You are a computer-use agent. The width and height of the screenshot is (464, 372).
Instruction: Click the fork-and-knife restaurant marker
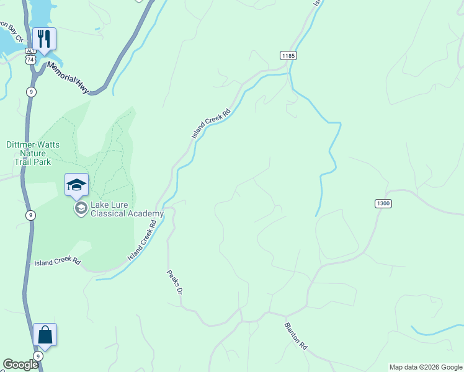pyautogui.click(x=44, y=38)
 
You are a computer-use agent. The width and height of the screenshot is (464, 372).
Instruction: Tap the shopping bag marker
pyautogui.click(x=45, y=335)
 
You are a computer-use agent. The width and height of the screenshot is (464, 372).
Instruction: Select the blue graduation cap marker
pyautogui.click(x=76, y=184)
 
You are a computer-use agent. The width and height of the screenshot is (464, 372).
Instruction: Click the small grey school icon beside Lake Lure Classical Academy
pyautogui.click(x=80, y=208)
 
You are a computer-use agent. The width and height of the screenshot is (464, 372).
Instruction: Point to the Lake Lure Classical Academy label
pyautogui.click(x=127, y=209)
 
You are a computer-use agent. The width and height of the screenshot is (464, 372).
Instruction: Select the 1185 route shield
pyautogui.click(x=288, y=56)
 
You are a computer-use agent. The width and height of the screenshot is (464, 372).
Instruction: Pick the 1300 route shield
pyautogui.click(x=383, y=203)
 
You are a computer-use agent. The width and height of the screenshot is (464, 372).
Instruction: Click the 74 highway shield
pyautogui.click(x=31, y=59)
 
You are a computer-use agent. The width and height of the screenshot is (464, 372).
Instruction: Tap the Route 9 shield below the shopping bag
pyautogui.click(x=38, y=356)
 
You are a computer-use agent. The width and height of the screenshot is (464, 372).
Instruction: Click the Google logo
pyautogui.click(x=20, y=365)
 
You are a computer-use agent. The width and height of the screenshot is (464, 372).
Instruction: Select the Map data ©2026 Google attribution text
pyautogui.click(x=425, y=367)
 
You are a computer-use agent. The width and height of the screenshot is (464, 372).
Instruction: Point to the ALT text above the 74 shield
pyautogui.click(x=31, y=50)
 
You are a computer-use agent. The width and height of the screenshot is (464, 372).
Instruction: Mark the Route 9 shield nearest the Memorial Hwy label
pyautogui.click(x=32, y=92)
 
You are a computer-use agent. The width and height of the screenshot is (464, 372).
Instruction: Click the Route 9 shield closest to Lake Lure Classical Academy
pyautogui.click(x=32, y=215)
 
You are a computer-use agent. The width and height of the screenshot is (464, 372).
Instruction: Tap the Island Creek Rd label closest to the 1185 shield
pyautogui.click(x=211, y=123)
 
